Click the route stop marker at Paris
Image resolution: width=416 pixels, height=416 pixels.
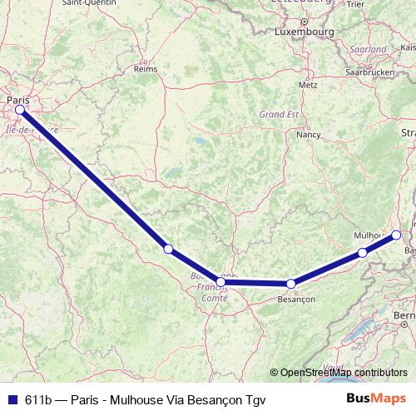(x=19, y=109)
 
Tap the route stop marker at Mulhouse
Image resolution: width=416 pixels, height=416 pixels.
(x=362, y=252)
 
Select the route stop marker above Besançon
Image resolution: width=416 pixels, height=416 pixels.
(x=290, y=284)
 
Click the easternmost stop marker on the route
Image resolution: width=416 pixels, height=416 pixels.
(x=396, y=235)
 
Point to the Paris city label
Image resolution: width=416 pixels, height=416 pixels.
(x=17, y=100)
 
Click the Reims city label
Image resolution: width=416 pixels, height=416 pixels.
(x=146, y=69)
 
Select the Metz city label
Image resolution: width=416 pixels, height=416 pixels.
(x=308, y=85)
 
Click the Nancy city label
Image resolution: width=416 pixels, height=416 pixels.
(x=309, y=133)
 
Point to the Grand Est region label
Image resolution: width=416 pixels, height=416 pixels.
(x=279, y=114)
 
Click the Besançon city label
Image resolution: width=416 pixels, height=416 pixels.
(x=297, y=298)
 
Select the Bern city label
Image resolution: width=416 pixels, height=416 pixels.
(x=404, y=316)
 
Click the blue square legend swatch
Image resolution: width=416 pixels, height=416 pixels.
(x=11, y=399)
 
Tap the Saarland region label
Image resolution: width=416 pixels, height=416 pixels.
(x=369, y=50)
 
